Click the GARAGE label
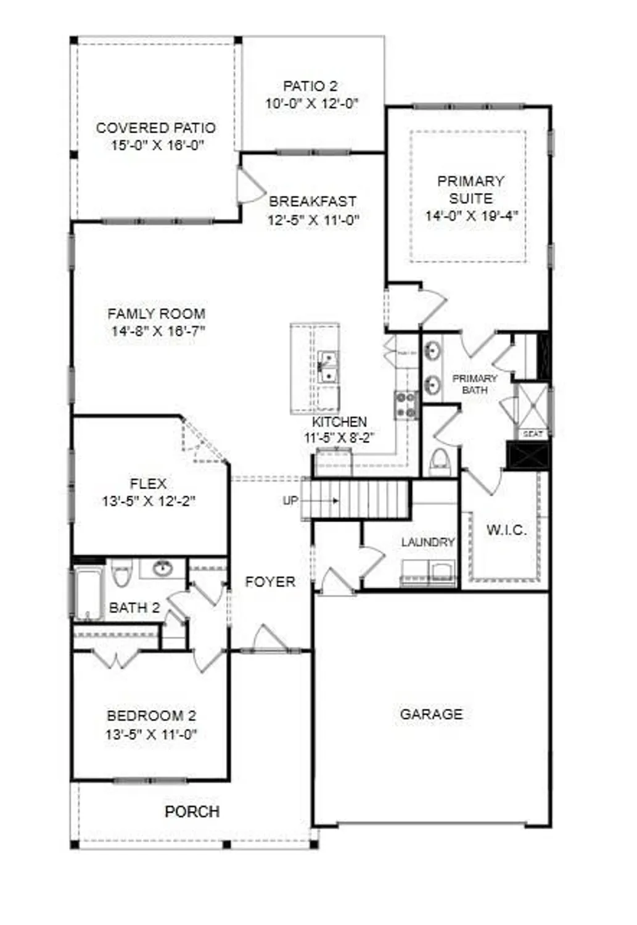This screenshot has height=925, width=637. click(x=431, y=714)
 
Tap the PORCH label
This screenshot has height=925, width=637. click(x=192, y=812)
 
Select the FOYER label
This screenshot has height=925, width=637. click(x=270, y=582)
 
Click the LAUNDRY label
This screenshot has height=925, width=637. click(x=428, y=542)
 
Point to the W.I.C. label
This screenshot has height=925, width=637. click(x=506, y=530)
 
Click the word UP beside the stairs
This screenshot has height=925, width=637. click(x=290, y=501)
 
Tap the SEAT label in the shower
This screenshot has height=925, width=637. click(x=532, y=434)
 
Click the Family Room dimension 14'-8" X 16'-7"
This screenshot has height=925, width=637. click(x=158, y=331)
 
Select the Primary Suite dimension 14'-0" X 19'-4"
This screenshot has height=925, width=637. click(x=471, y=216)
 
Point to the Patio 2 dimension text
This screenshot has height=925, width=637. click(x=311, y=104)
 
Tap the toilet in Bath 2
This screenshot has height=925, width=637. click(x=121, y=574)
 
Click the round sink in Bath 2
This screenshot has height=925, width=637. click(x=162, y=568)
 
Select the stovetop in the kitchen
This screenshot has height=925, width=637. click(x=406, y=405)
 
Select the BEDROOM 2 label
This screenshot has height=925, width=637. click(x=151, y=716)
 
